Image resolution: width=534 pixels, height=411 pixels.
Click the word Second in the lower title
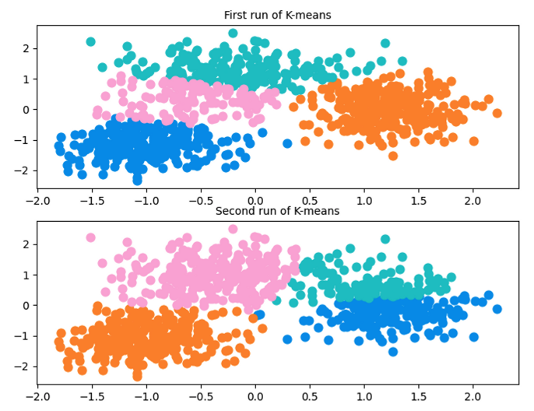(234, 210)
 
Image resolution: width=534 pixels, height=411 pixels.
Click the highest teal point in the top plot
(233, 33)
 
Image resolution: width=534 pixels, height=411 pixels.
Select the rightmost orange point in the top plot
(497, 114)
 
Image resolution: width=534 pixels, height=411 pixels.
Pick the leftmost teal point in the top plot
(90, 41)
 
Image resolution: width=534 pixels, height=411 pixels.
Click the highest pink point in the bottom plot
(233, 230)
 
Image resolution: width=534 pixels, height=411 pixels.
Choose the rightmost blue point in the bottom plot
(497, 309)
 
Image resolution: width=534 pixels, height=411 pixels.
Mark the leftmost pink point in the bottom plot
(90, 237)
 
